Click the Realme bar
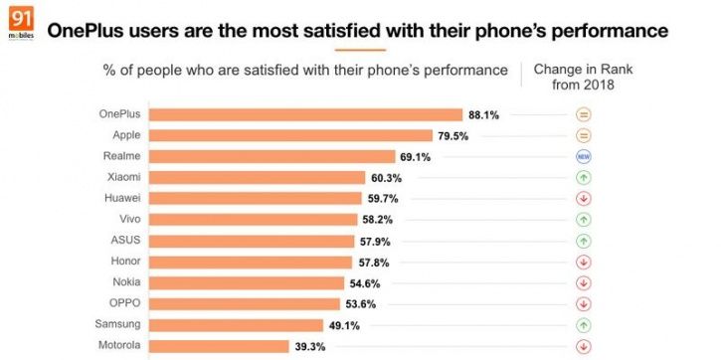coord(272,156)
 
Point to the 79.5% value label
coord(453,135)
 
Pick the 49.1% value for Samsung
coord(344,324)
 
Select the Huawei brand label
coord(120,198)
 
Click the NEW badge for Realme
coord(584,156)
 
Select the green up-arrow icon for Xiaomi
coord(584,177)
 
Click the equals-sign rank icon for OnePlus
coord(584,114)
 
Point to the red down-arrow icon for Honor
coord(584,262)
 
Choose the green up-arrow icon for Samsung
coord(584,324)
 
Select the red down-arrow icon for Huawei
coord(584,198)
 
